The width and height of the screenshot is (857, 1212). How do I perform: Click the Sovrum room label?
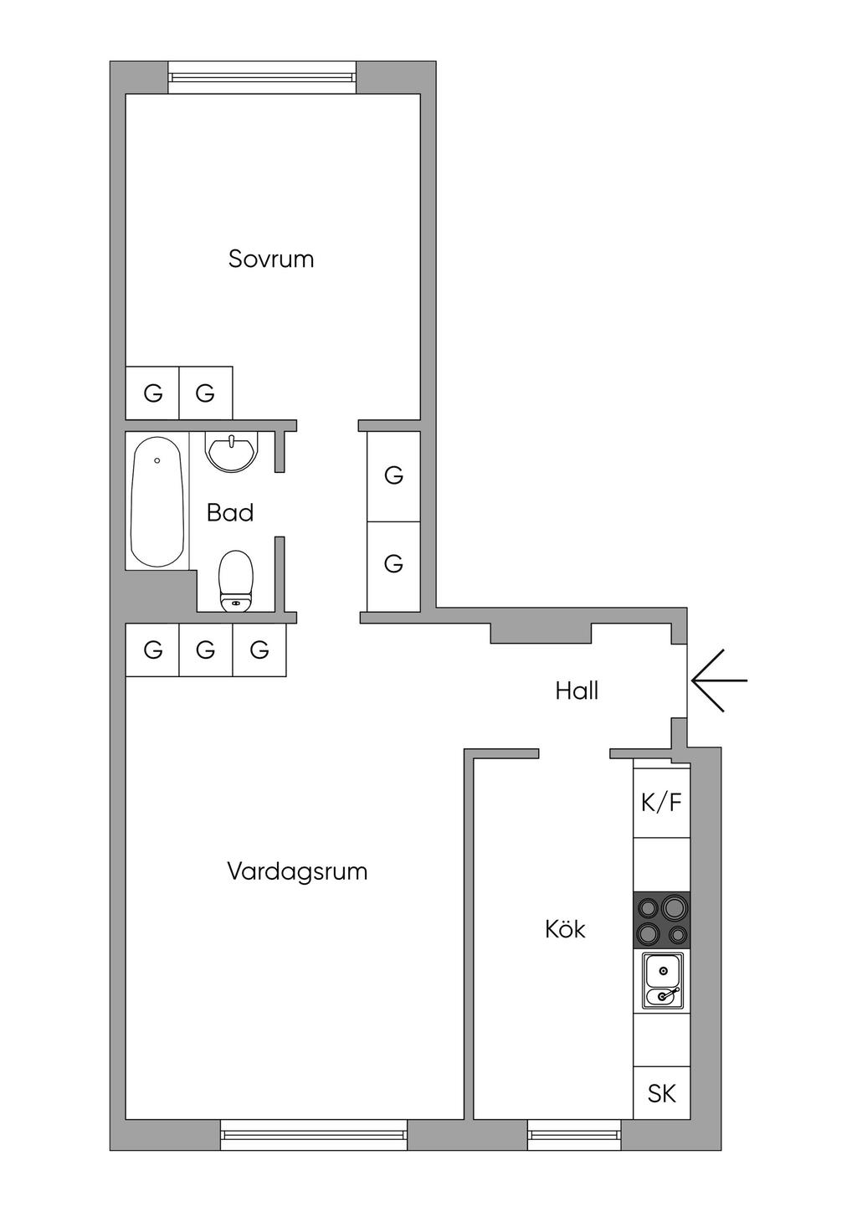coord(271,259)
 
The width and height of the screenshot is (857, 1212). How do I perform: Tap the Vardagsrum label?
coord(297,871)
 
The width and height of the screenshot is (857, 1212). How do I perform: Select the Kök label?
coord(565,928)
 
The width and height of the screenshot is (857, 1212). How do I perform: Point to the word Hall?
coord(577,691)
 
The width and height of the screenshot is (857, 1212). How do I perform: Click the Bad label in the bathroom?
coord(230,512)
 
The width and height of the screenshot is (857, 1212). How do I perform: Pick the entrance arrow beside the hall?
coord(718,681)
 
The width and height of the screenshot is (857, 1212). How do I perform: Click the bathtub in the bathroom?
coord(157,501)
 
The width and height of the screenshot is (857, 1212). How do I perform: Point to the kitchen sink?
coord(663,982)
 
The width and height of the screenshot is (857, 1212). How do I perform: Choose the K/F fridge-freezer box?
coord(662,803)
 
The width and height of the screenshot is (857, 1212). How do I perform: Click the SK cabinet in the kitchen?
coord(662,1093)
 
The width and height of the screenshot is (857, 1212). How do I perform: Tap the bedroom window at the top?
coord(263,77)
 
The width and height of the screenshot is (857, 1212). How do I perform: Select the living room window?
coord(314,1135)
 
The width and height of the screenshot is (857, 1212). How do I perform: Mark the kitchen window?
coord(574,1135)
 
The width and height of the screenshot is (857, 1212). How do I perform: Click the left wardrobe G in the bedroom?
coord(152,393)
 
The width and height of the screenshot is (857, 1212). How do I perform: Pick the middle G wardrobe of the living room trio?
coord(206,650)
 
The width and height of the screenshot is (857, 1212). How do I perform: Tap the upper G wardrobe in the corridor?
coord(393,475)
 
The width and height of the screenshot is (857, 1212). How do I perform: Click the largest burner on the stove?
coord(675,906)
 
